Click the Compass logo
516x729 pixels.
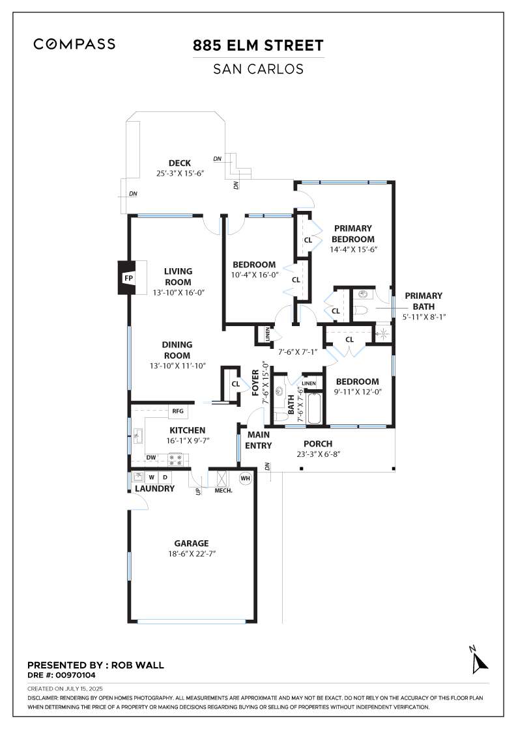click(74, 44)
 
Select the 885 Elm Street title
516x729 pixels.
click(258, 46)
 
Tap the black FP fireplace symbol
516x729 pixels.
click(128, 278)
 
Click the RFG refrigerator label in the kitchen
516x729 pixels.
click(177, 411)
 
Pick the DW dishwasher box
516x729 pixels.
click(150, 458)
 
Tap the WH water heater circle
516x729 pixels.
click(245, 478)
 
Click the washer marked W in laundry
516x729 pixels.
click(150, 478)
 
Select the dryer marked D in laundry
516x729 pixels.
click(165, 478)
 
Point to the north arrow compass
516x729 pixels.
click(480, 661)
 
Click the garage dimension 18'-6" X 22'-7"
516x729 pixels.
click(191, 554)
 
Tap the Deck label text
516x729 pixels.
click(180, 163)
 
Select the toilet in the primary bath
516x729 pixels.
click(362, 310)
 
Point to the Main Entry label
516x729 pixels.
click(259, 441)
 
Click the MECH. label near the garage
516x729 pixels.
click(223, 491)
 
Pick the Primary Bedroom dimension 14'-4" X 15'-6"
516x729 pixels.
click(352, 249)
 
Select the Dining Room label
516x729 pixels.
click(177, 350)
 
